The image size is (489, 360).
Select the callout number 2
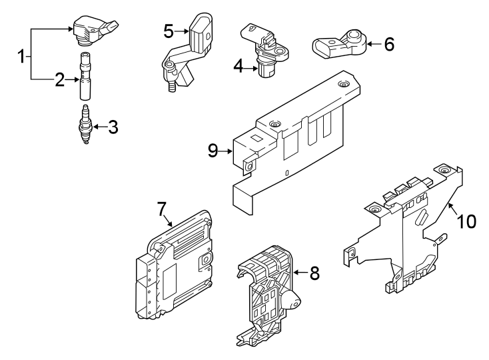click(x=59, y=81)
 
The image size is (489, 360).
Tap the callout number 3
click(x=113, y=127)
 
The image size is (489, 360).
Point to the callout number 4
click(x=239, y=65)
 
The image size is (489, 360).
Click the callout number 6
click(x=389, y=45)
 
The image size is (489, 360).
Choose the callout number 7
click(x=161, y=209)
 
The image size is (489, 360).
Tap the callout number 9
click(x=213, y=151)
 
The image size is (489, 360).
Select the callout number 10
click(x=466, y=221)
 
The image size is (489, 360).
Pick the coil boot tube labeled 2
click(x=85, y=77)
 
